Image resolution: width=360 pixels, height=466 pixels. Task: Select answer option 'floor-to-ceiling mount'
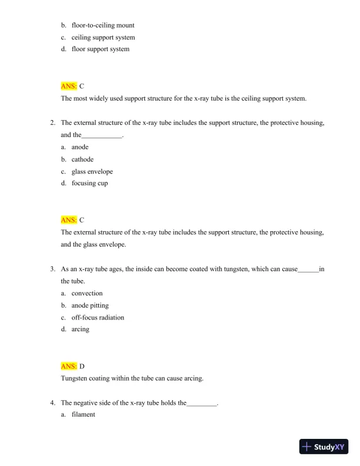[103, 25]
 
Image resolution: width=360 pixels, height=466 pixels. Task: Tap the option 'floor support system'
[100, 49]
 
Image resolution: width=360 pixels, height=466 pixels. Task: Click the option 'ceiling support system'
[103, 37]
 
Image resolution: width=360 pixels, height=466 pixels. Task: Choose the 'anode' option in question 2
[80, 147]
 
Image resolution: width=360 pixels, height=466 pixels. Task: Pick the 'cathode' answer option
[82, 159]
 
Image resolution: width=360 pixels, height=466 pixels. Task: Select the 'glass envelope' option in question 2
[92, 171]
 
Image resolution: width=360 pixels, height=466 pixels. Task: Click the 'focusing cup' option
[89, 183]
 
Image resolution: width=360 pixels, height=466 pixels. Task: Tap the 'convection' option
[87, 293]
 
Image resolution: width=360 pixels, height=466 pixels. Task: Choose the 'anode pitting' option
[90, 305]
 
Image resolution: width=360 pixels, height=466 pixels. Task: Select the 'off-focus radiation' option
[98, 317]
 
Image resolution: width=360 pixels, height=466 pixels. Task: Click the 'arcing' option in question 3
[81, 329]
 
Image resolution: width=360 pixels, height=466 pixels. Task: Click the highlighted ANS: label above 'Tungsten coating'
[69, 366]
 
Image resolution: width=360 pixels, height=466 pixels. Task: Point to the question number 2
[53, 122]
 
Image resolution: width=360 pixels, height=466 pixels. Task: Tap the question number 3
[53, 269]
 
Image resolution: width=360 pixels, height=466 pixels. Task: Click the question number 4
[53, 403]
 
